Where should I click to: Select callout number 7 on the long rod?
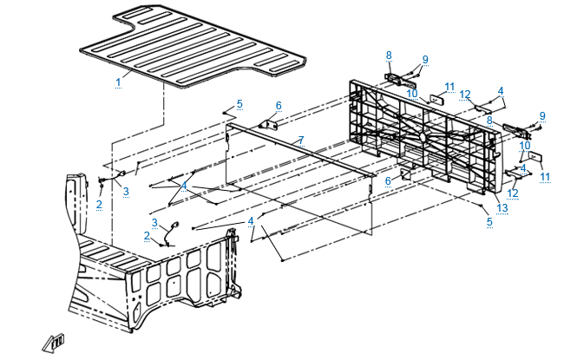[299, 140]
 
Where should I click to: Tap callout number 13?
[503, 207]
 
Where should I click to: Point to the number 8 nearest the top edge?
[389, 55]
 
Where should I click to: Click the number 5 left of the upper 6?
[239, 104]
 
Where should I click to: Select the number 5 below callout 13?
[490, 222]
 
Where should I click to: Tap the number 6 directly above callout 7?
[279, 106]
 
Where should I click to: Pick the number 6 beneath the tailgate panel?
[389, 180]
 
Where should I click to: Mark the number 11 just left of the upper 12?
[449, 86]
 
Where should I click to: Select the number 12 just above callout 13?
[513, 193]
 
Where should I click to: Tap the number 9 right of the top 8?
[425, 60]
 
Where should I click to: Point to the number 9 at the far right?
[542, 115]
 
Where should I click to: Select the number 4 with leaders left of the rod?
[183, 186]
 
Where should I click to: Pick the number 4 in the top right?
[501, 90]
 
